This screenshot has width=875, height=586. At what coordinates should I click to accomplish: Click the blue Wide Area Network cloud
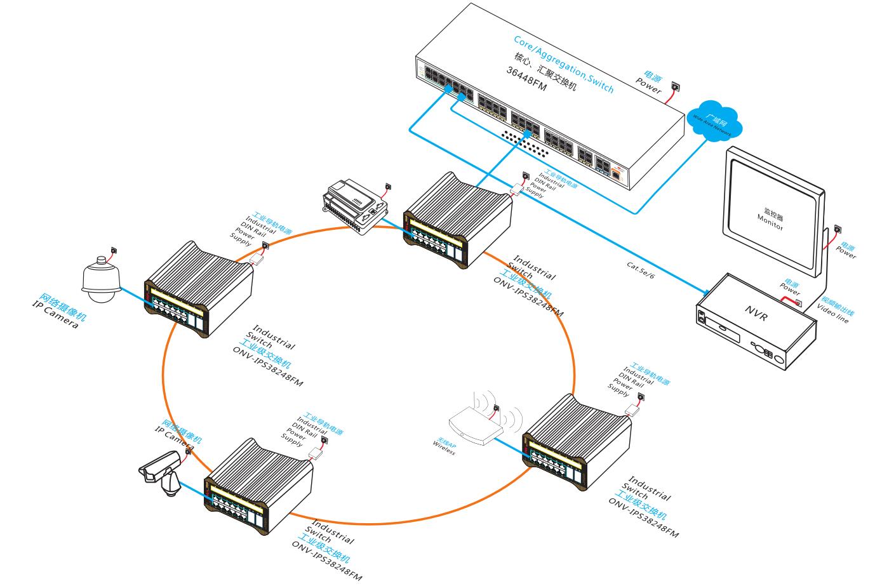(x=715, y=120)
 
